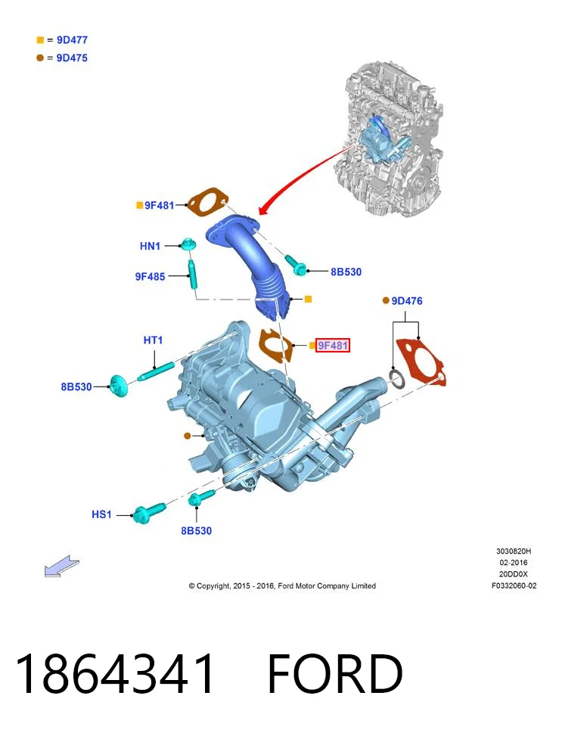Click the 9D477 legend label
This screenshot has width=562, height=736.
coord(72,40)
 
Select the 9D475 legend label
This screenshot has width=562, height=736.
coord(72,57)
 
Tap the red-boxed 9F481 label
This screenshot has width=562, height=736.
coord(332,346)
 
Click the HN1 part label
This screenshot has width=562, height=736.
coord(150,246)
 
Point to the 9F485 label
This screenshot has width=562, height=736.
coord(151,276)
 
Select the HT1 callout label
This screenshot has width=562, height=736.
coord(153,340)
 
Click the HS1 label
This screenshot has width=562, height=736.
coord(101,514)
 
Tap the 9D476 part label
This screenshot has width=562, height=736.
coord(407,301)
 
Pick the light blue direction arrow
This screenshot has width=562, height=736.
coord(61,566)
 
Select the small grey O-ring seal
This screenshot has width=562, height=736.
coord(397,379)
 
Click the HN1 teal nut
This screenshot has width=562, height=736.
coord(188,244)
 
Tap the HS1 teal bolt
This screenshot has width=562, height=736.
coord(148,513)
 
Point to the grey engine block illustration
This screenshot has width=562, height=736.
coord(387,138)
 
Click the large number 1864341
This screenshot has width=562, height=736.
coord(114,673)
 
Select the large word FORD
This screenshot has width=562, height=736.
coord(335,673)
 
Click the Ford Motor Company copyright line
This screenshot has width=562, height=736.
coord(282,585)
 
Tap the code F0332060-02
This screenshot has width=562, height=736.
coord(514,585)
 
